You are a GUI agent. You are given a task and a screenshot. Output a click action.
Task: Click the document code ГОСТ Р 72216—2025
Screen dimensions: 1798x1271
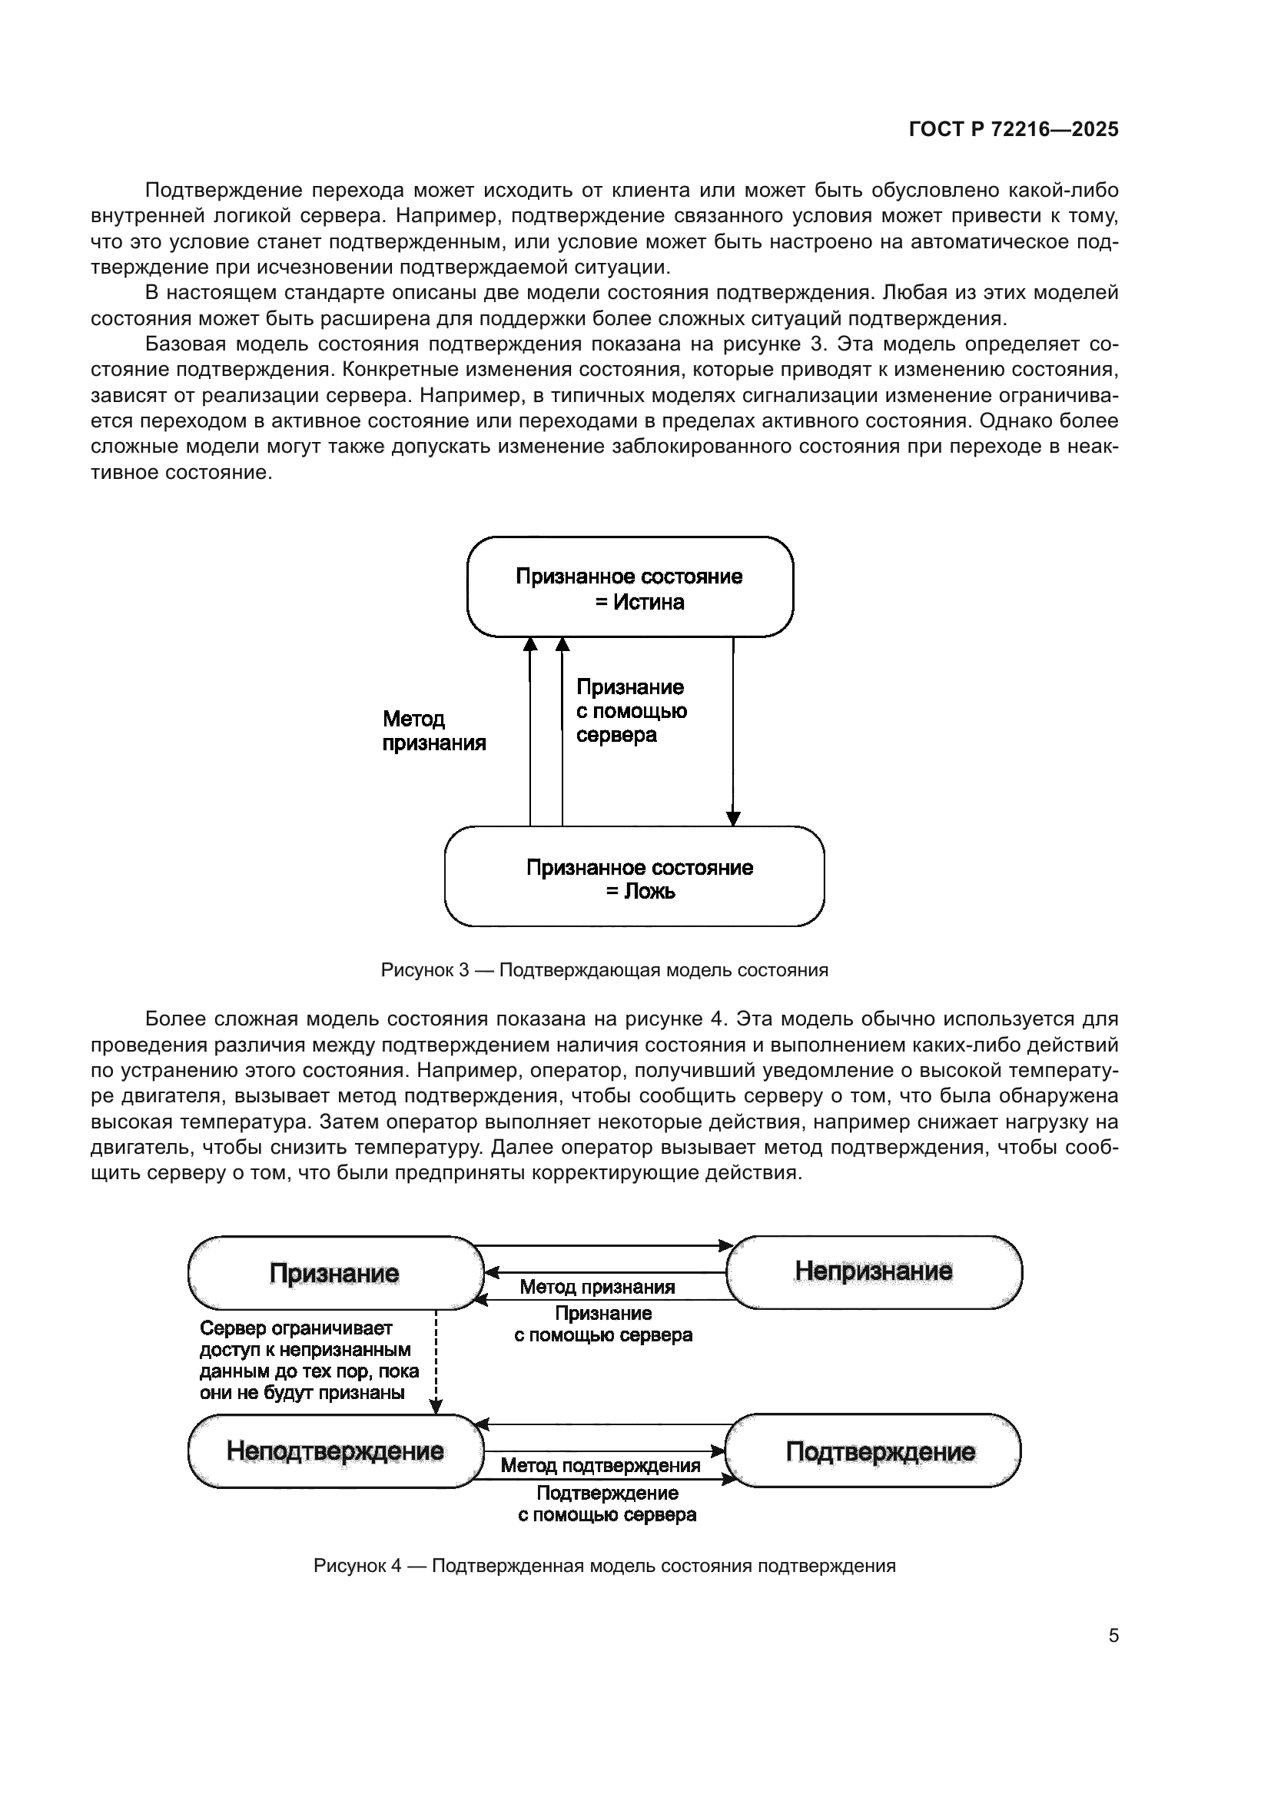1014,130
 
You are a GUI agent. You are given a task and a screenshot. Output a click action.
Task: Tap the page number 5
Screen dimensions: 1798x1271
1113,1636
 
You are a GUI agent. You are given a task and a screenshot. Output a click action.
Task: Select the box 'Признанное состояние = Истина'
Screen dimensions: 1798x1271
630,587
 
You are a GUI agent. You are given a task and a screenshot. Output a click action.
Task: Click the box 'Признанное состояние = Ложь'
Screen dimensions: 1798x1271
634,877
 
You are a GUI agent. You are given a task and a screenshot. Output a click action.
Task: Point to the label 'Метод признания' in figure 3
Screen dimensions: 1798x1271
433,730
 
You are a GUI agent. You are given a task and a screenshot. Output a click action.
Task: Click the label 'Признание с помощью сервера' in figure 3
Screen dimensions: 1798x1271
631,711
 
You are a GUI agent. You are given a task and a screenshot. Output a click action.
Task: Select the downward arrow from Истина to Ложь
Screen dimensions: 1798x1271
733,733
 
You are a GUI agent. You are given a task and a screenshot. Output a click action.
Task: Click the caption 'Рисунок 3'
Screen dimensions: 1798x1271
604,970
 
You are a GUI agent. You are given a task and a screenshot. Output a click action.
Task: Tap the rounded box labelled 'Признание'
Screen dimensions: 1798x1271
335,1273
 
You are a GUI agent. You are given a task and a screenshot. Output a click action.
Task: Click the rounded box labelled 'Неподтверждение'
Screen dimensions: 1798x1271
335,1451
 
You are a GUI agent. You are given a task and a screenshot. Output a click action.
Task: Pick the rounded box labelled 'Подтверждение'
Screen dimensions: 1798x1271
874,1451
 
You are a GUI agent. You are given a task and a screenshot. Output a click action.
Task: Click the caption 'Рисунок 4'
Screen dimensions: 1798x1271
604,1566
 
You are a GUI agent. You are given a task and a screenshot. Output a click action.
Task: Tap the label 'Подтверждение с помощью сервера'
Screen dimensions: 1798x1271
607,1504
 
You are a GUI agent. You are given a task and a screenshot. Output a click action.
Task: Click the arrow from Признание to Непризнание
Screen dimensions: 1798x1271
604,1245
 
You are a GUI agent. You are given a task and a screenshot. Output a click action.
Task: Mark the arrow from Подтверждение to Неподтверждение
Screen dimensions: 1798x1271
604,1424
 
